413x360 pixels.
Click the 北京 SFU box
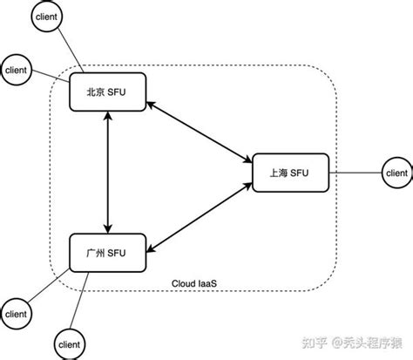[107, 93]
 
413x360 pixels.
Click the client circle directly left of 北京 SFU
[17, 70]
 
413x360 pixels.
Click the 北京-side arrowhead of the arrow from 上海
[150, 105]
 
